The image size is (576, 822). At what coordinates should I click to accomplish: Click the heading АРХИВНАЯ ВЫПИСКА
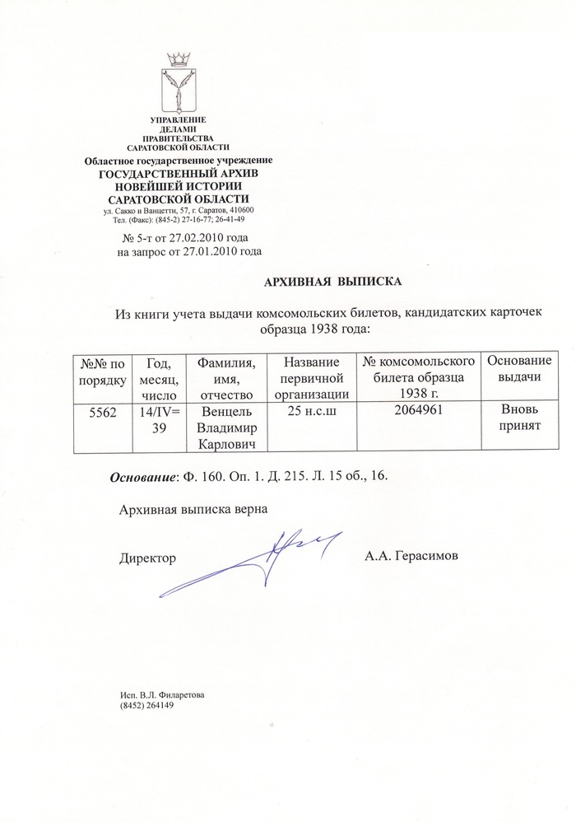(x=332, y=283)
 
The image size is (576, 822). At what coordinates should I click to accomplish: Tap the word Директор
(x=147, y=558)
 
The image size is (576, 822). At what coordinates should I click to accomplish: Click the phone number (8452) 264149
(x=147, y=707)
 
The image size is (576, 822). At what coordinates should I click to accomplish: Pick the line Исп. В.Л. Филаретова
(x=162, y=696)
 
